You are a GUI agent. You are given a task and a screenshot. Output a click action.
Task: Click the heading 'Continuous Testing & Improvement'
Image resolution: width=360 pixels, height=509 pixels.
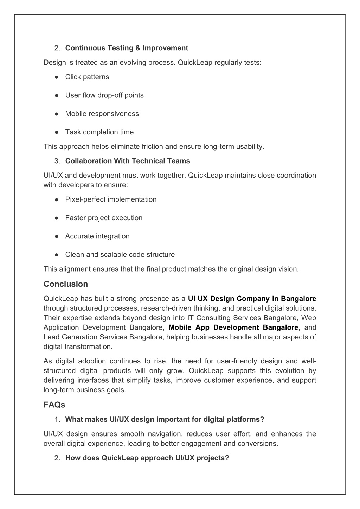click(127, 48)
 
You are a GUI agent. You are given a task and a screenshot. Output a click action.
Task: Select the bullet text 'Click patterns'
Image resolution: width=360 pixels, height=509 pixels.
click(87, 77)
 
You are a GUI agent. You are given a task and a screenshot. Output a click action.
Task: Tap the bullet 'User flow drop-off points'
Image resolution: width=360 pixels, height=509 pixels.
click(104, 95)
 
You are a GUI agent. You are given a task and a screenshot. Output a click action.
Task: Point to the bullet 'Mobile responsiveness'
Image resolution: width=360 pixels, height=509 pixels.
click(102, 114)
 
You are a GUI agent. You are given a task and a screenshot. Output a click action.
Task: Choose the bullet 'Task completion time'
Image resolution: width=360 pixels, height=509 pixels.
click(99, 132)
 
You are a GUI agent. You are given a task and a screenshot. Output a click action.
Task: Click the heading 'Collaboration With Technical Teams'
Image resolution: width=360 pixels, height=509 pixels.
click(127, 161)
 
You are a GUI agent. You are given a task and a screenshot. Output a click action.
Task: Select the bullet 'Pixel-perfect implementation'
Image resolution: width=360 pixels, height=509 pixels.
click(111, 199)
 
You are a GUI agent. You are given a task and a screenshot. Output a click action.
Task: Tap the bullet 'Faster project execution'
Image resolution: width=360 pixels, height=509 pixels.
click(104, 218)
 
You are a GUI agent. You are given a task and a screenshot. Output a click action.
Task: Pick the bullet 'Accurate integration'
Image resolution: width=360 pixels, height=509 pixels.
click(97, 236)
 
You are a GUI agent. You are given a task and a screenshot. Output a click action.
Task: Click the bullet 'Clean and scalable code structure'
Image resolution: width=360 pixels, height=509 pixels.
click(120, 255)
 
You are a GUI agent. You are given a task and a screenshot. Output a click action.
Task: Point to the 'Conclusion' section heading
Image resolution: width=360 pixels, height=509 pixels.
click(66, 284)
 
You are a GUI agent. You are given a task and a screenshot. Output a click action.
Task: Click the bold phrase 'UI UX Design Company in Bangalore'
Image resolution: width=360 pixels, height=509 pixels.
click(252, 299)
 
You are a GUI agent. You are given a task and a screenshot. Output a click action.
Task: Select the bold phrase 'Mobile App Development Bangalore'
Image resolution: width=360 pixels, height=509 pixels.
click(233, 327)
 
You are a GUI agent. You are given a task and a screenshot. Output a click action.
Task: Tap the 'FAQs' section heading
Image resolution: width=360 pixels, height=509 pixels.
click(54, 405)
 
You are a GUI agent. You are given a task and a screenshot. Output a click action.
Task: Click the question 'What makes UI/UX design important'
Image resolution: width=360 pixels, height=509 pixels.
click(165, 419)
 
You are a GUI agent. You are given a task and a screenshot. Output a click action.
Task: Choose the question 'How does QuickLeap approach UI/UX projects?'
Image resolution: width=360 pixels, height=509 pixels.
click(147, 458)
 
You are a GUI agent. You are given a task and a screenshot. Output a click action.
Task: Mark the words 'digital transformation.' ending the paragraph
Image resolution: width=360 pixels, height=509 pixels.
click(78, 346)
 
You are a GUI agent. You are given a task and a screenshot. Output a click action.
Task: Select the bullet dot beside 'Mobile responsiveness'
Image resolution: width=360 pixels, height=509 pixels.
click(56, 114)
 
